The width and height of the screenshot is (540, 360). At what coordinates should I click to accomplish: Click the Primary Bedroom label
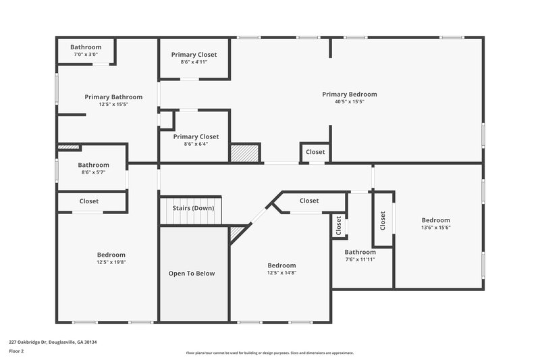tap(349, 95)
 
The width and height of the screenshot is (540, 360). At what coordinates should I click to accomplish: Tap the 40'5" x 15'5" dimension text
tap(349, 102)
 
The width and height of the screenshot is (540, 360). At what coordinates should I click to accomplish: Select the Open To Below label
tap(191, 274)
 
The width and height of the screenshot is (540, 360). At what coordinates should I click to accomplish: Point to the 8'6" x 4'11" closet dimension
tap(194, 62)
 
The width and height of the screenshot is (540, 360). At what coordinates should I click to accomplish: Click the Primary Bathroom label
tap(113, 97)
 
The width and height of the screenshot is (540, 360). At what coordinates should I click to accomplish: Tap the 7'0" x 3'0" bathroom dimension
tap(86, 54)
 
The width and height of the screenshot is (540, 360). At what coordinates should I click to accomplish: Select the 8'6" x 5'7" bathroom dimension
tap(93, 172)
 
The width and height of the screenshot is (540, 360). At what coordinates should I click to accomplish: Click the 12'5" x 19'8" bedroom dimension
tap(111, 262)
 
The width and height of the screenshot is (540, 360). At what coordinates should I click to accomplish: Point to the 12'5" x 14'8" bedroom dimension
tap(281, 273)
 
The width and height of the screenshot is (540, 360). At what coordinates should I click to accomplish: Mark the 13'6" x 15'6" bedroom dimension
tap(435, 228)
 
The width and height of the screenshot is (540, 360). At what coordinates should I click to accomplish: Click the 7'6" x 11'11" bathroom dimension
tap(360, 259)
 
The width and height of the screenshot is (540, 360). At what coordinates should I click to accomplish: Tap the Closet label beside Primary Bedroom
tap(315, 152)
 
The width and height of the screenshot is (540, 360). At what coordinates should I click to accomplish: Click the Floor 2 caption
tap(17, 351)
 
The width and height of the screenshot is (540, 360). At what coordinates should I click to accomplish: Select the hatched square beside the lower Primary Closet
tap(244, 152)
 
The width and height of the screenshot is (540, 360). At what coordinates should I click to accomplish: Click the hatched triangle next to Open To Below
tap(236, 233)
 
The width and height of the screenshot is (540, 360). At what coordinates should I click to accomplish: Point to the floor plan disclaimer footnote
tap(269, 353)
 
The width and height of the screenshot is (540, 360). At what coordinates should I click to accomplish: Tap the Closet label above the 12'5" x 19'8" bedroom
tap(89, 201)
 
